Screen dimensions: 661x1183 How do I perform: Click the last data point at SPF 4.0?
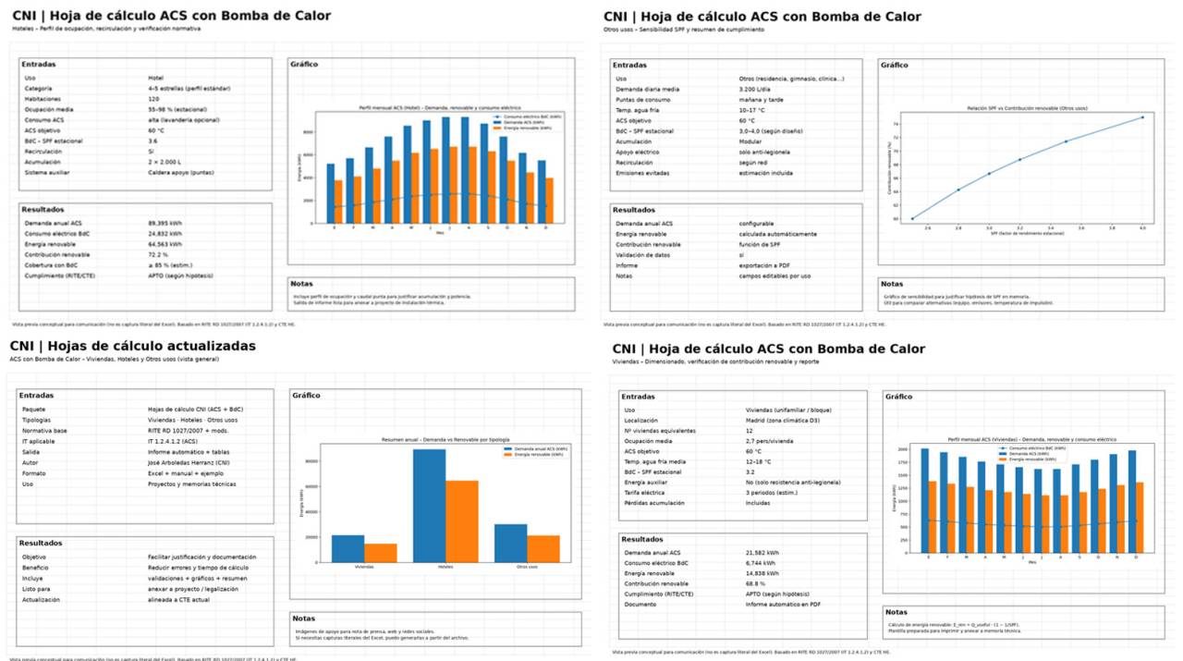click(1142, 117)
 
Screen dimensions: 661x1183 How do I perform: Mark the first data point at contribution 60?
click(912, 218)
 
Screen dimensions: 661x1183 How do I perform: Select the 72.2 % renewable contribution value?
click(158, 253)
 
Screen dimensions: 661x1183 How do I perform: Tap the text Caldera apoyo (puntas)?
click(180, 173)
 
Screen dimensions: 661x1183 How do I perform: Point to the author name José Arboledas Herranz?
click(192, 461)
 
